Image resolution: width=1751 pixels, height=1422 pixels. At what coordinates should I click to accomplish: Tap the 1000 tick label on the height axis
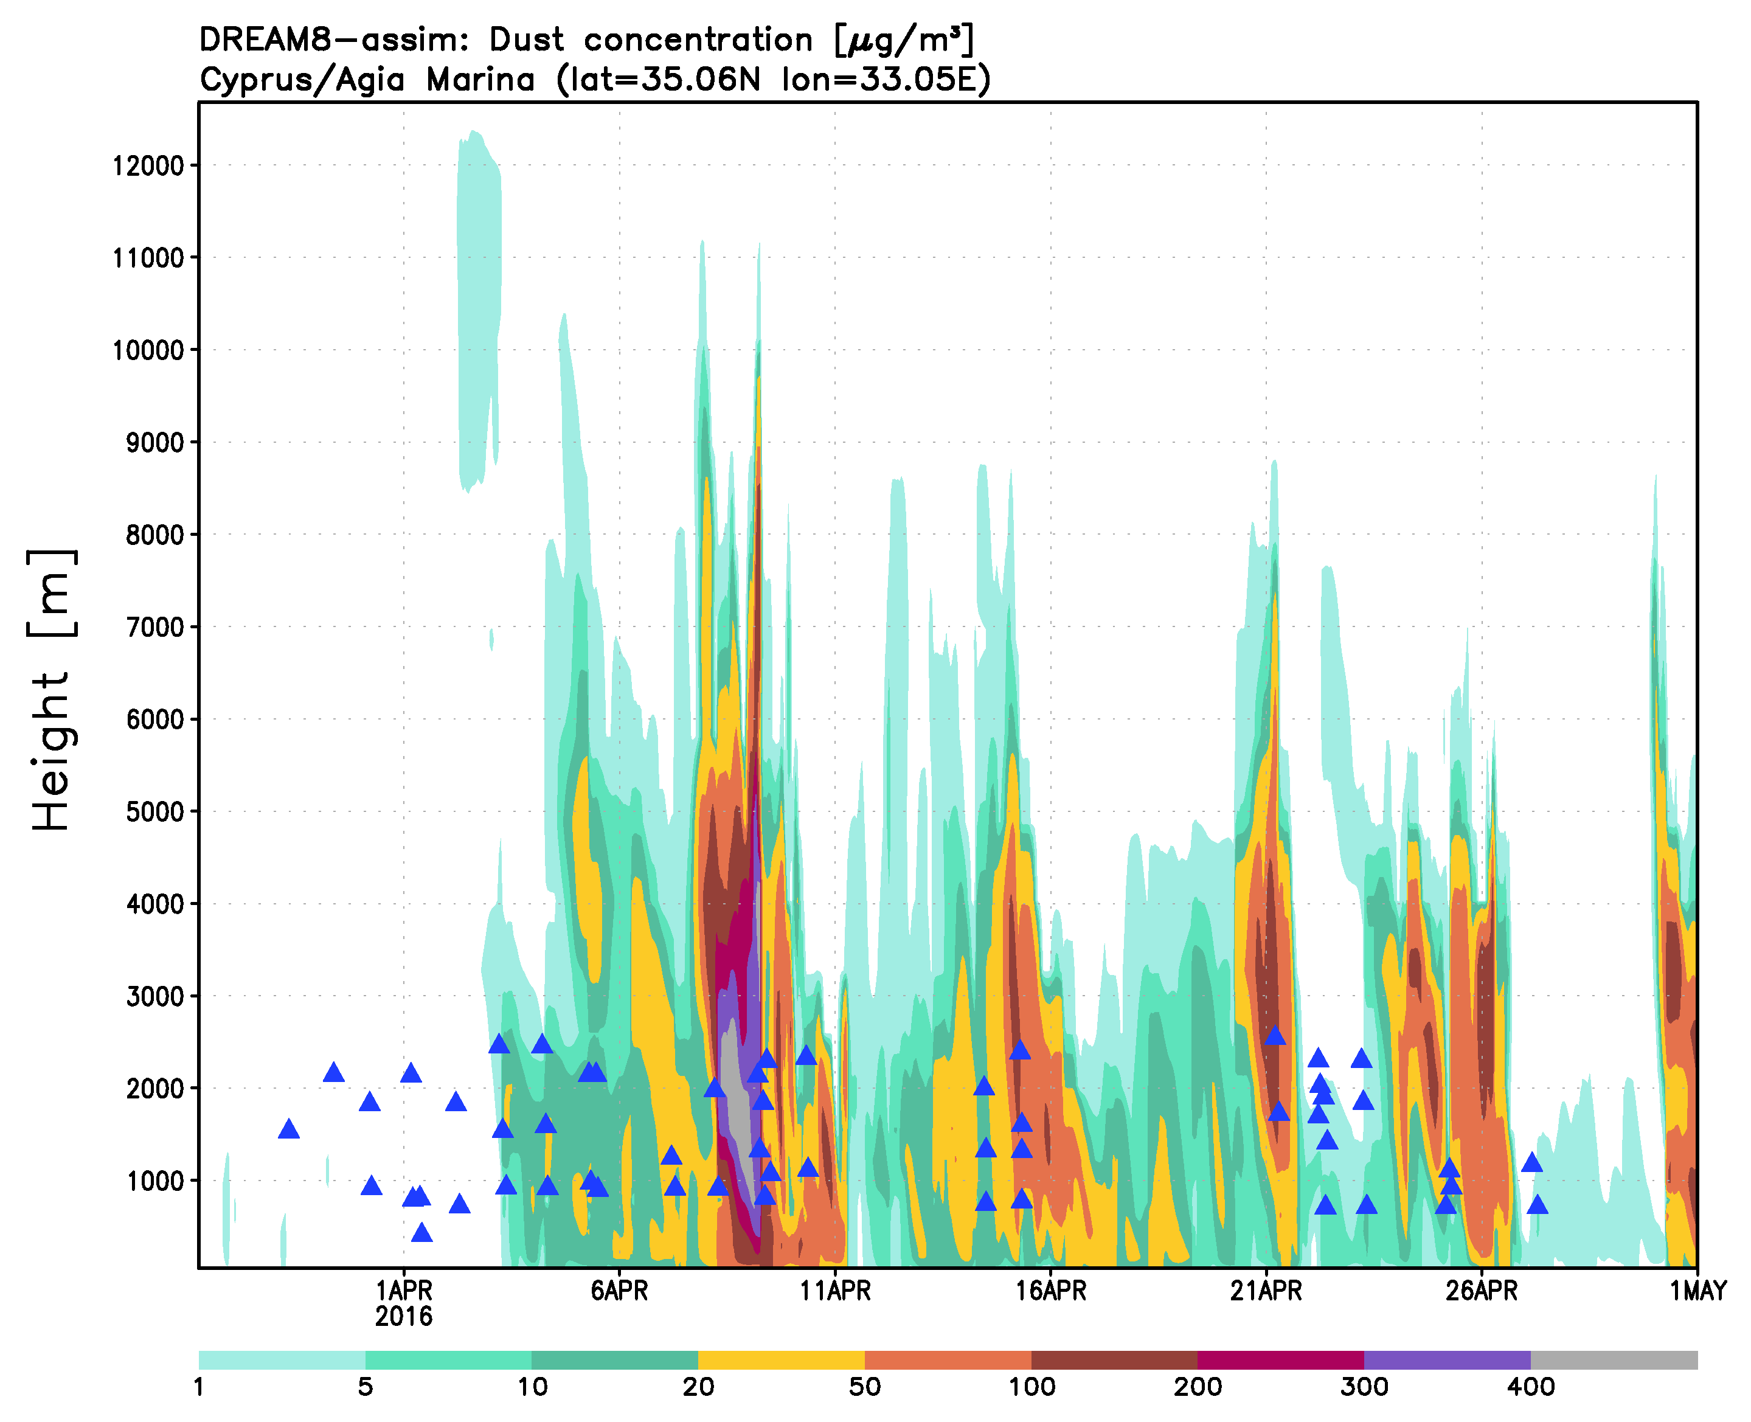coord(155,1182)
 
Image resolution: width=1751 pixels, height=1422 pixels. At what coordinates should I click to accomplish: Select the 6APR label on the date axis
coord(619,1292)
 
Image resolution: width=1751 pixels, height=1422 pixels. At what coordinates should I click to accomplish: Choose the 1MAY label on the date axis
coord(1697,1292)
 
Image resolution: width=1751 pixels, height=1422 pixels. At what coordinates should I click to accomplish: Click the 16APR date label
coord(1051,1292)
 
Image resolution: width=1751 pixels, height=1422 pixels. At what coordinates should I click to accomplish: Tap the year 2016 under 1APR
coord(404,1317)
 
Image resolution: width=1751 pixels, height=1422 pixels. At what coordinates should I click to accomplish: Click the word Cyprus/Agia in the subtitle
coord(302,80)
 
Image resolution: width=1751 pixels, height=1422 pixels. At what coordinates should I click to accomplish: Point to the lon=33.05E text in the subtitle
coord(886,80)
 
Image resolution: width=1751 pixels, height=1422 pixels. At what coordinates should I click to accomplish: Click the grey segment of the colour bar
coord(1614,1361)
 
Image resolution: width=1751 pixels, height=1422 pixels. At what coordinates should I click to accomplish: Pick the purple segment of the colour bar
coord(1446,1361)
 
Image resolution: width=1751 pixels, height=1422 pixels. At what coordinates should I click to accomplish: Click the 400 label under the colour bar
coord(1531,1387)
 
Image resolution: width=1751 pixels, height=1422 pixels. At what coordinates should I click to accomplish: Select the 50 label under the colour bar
coord(865,1387)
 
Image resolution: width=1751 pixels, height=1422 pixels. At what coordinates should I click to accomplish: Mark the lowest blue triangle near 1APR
coord(421,1233)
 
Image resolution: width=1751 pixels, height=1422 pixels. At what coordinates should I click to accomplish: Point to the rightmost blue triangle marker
coord(1538,1205)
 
